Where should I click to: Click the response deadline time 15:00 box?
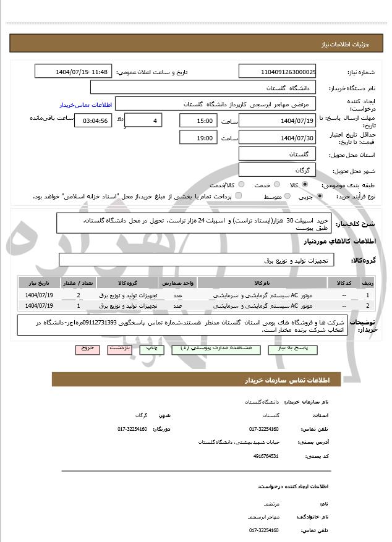pos(198,121)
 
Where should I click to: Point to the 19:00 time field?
pos(198,138)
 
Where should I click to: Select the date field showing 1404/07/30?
pos(277,138)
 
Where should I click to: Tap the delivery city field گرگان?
pos(277,170)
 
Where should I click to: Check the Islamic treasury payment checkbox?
pos(239,197)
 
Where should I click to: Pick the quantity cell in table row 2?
pos(78,305)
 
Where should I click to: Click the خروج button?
pos(87,349)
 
